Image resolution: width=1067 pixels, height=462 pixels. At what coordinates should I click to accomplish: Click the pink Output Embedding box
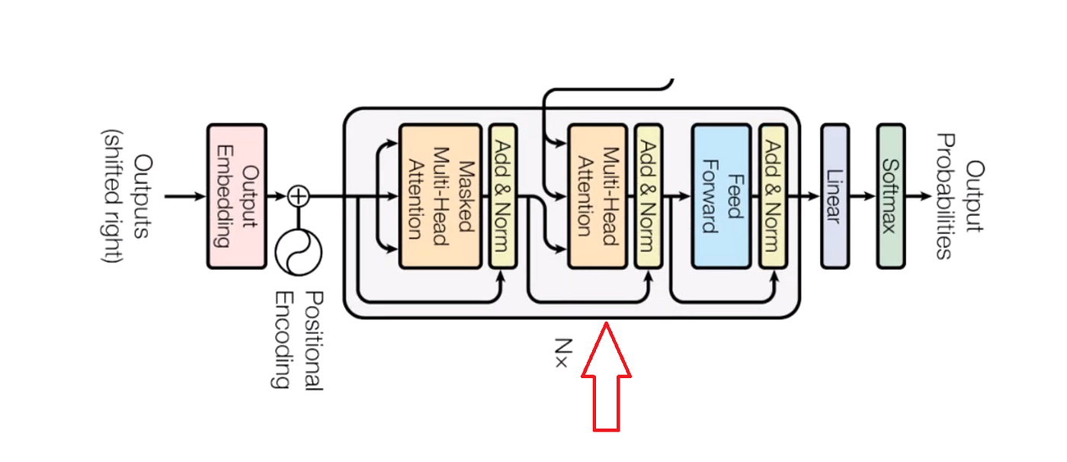(236, 197)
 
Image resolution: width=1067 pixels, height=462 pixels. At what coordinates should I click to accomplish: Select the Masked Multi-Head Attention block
(440, 197)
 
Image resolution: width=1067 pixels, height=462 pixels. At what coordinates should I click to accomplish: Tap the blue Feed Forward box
(720, 197)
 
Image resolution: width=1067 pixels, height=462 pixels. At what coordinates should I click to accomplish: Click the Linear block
(834, 197)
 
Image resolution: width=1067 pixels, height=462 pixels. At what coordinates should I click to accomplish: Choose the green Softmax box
(890, 197)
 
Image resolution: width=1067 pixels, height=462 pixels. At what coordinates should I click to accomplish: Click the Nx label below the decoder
(561, 352)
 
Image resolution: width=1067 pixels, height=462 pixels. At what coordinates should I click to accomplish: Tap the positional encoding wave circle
(299, 251)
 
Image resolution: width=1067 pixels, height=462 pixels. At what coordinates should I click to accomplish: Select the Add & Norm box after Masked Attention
(502, 197)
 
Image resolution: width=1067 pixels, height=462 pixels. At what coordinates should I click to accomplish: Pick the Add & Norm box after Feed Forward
(774, 197)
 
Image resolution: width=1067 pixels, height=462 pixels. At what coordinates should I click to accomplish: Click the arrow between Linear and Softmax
(862, 197)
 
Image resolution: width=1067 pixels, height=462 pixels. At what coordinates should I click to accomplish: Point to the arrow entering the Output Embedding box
(186, 197)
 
